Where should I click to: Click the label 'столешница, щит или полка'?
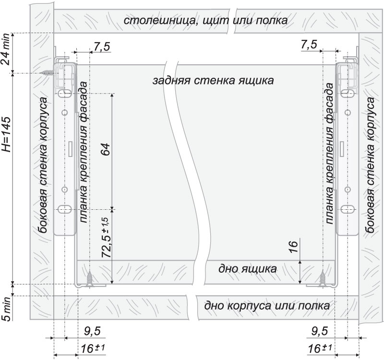[x=206, y=21]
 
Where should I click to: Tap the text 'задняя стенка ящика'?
[x=213, y=81]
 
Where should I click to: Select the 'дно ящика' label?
[x=248, y=269]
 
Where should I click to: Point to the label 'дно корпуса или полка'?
[x=267, y=306]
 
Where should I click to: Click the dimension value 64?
[x=106, y=149]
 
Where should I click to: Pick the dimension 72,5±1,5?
[x=106, y=237]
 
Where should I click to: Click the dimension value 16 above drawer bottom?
[x=293, y=247]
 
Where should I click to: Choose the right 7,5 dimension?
[x=309, y=45]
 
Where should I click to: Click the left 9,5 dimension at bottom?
[x=92, y=331]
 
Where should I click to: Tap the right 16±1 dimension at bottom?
[x=320, y=348]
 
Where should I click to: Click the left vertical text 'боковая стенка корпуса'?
[x=43, y=165]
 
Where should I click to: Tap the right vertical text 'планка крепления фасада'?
[x=330, y=154]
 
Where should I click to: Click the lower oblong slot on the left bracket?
[x=65, y=209]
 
